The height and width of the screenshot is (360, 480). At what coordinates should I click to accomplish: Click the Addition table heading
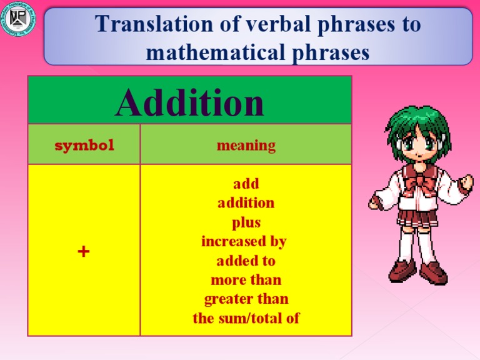click(x=189, y=102)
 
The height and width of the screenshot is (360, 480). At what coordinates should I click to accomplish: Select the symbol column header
click(x=84, y=146)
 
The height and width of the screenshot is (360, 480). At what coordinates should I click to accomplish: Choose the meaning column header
click(x=246, y=146)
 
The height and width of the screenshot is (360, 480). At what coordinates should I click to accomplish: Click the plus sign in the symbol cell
click(x=84, y=251)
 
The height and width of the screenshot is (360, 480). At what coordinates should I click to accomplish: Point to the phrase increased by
click(x=244, y=241)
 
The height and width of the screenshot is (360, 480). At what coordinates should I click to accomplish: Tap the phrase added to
click(x=246, y=261)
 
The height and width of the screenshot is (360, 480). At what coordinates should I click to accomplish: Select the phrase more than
click(x=246, y=279)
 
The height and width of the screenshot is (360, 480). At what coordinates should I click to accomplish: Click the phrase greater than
click(x=246, y=299)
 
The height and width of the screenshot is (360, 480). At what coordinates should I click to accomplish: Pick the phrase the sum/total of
click(x=246, y=318)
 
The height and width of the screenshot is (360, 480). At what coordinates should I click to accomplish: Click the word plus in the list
click(x=246, y=222)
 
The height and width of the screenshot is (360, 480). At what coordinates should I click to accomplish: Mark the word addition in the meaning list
click(x=246, y=203)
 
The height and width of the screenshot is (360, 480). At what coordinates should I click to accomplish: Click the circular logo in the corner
click(x=19, y=19)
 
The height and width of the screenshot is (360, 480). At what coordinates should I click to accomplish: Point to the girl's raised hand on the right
click(x=465, y=182)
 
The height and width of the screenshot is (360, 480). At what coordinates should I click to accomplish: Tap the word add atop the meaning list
click(x=246, y=184)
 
